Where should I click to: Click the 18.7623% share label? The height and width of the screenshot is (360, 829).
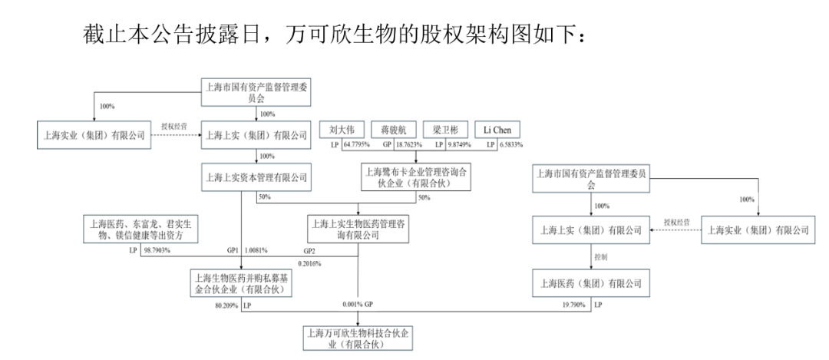(409, 145)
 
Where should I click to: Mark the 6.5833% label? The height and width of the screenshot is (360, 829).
(510, 145)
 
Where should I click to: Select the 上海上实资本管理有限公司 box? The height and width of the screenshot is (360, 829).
(256, 177)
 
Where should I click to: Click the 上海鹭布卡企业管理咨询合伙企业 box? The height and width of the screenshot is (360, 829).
(415, 177)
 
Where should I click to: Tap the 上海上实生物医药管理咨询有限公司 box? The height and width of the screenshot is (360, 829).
(358, 229)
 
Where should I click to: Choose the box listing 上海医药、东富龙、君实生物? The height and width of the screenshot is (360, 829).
(141, 229)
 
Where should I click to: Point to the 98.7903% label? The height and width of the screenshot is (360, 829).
(157, 249)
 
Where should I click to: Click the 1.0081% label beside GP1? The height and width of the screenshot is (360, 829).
(256, 249)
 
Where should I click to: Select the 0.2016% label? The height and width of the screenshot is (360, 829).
(309, 263)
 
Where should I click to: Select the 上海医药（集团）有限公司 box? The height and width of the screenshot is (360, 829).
(591, 283)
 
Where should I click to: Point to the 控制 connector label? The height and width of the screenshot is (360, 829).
(600, 256)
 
